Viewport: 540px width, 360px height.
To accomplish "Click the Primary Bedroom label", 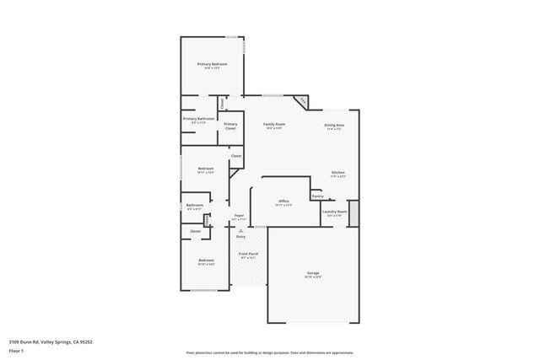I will click(x=212, y=64).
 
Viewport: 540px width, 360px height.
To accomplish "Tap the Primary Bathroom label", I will click(x=199, y=119).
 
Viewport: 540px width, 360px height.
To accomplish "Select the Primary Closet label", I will click(x=230, y=126).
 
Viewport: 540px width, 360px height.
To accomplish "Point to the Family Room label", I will click(x=274, y=125).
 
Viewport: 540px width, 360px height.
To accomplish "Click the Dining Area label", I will click(x=334, y=126).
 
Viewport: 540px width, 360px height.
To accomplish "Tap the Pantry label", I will click(x=317, y=196).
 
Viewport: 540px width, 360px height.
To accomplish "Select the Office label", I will click(x=283, y=201).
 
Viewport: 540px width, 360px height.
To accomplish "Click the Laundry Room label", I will click(x=335, y=212).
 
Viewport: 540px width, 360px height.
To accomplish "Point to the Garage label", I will click(x=312, y=273).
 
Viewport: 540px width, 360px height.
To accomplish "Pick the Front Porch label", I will click(x=248, y=254).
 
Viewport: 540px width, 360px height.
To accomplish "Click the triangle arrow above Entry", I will click(x=240, y=229).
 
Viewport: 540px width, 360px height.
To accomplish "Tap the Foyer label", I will click(x=240, y=216).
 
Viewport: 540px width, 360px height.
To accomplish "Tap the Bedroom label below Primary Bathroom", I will click(x=206, y=169).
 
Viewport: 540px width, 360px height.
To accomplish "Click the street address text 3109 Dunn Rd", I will click(x=51, y=342).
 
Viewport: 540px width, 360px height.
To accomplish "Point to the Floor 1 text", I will click(x=16, y=349).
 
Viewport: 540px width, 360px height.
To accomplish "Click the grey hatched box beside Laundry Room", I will click(x=354, y=212).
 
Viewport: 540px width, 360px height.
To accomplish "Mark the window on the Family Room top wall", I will click(x=272, y=95).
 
